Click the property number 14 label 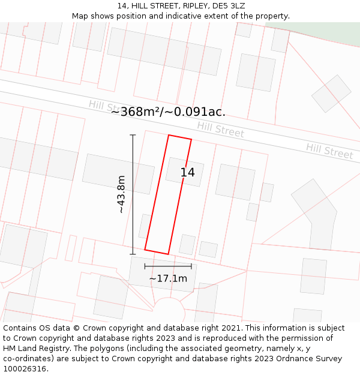point(188,173)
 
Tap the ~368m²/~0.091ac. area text point(168,112)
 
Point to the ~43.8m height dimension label point(121,194)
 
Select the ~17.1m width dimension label point(168,278)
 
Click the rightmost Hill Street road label point(329,151)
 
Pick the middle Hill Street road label point(220,129)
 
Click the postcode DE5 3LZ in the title point(228,6)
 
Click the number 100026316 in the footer point(25,369)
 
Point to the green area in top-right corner point(324,30)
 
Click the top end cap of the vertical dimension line point(133,136)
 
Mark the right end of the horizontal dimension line point(191,266)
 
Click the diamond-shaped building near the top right point(331,94)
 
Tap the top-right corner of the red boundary point(191,140)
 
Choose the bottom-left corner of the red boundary point(145,249)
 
